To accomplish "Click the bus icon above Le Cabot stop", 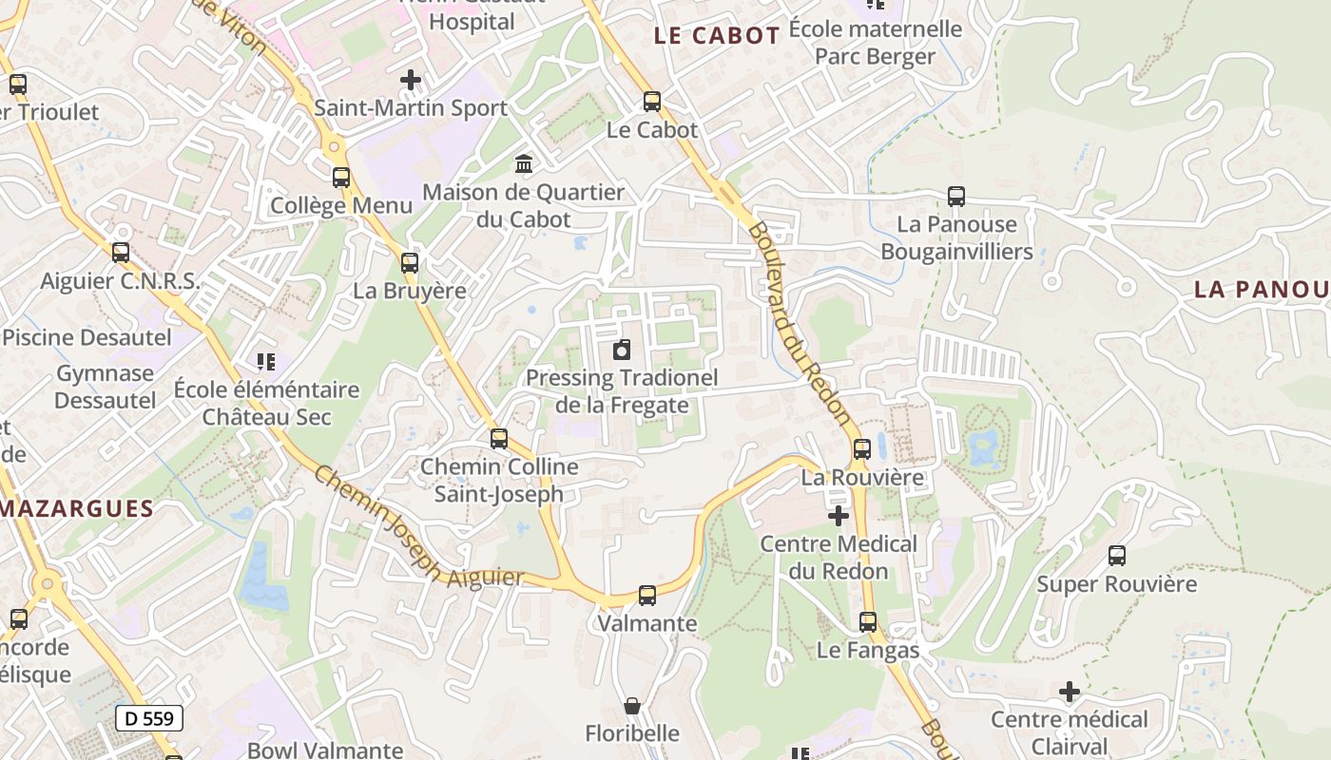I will tap(652, 102).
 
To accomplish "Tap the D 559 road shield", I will tap(149, 718).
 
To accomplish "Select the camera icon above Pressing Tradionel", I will tap(622, 350).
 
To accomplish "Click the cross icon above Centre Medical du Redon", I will tap(839, 516).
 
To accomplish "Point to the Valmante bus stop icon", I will tap(647, 596).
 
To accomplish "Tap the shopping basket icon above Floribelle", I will tap(632, 706).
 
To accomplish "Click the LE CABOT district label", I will tap(717, 36).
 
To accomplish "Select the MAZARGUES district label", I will tap(77, 508).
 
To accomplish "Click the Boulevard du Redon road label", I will tap(798, 322).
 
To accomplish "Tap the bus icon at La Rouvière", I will tap(862, 449).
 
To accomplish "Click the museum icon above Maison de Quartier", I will tap(523, 164).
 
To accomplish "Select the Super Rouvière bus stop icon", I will tap(1117, 556).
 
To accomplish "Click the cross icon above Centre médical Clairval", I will tap(1070, 692).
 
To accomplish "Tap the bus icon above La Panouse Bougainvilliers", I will tap(956, 197).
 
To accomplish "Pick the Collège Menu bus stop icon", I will tap(341, 178).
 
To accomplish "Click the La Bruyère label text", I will tap(410, 291).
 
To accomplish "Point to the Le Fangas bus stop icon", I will tap(868, 622).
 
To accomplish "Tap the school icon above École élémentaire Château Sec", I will tap(266, 362).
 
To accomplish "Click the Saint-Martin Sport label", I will tap(411, 108).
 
